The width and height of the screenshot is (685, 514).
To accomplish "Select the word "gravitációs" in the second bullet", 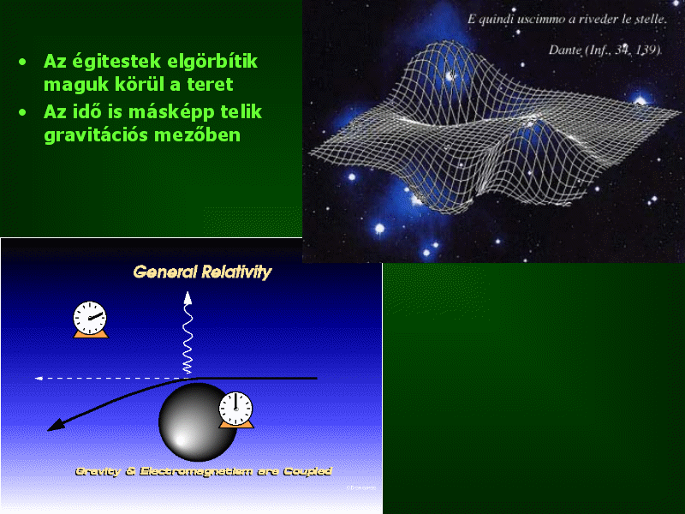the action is (96, 135).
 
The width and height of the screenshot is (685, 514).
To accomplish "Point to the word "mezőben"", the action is (197, 134).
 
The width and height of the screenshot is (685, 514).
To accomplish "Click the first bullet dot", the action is (22, 62).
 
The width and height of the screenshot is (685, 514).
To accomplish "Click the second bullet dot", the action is (22, 113).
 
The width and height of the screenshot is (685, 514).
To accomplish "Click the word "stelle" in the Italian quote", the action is (652, 19).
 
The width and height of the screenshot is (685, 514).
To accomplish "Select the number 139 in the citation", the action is (647, 50).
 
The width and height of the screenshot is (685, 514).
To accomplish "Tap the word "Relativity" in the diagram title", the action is (236, 272).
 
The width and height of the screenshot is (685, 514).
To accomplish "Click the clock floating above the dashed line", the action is (90, 319).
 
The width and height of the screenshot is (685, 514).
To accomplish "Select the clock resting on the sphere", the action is (236, 410).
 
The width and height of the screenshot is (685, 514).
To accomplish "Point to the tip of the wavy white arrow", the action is (188, 292).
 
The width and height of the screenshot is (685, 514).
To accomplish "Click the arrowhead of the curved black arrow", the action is (55, 425).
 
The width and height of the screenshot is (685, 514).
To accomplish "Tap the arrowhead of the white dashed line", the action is (39, 378).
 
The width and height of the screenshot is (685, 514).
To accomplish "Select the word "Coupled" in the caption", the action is (307, 471).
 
